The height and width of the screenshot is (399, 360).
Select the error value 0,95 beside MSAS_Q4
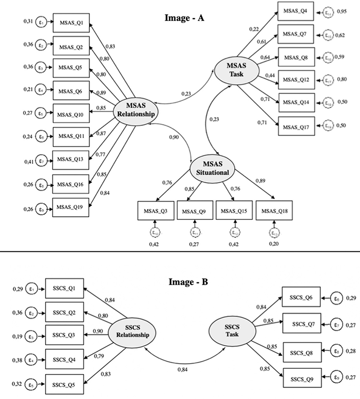(342, 11)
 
